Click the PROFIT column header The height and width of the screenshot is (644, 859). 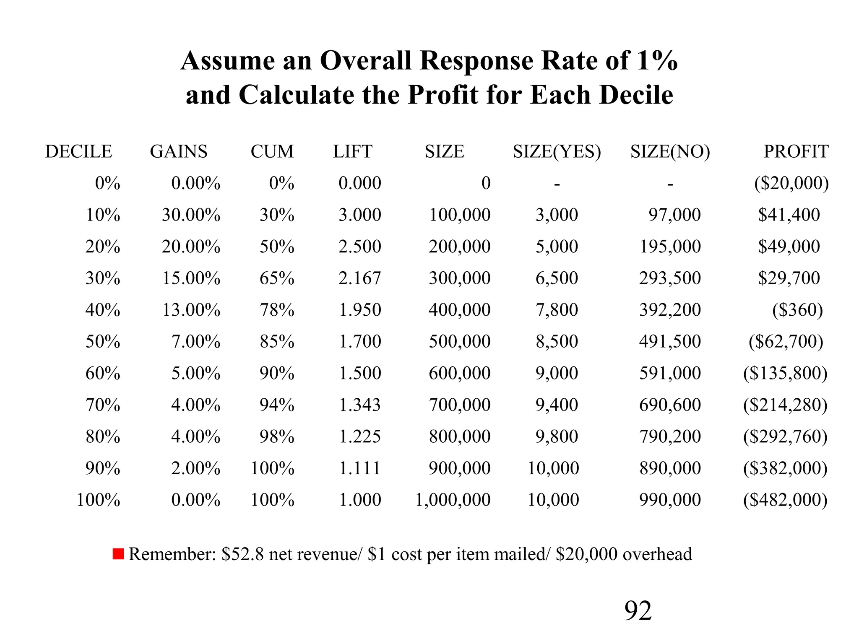pos(796,151)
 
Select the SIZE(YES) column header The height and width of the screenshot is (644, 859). pos(557,151)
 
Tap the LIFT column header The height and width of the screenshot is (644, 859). pos(352,151)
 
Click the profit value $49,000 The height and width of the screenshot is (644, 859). pos(789,247)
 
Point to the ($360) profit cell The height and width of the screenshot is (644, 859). pos(797,310)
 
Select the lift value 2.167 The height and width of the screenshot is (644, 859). pos(359,278)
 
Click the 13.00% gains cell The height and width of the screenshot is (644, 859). pos(191,310)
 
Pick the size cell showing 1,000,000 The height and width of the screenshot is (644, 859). pos(453,500)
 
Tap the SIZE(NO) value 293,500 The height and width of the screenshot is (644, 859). pos(670,278)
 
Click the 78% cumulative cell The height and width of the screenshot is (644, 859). pos(276,310)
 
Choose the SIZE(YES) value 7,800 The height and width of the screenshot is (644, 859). pos(557,310)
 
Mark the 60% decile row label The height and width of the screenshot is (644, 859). pos(103,373)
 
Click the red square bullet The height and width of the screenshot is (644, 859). pos(118,554)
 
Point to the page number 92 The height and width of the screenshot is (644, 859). pos(638,611)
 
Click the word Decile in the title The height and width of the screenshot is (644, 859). pos(636,95)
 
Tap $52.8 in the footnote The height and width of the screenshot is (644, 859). pos(242,554)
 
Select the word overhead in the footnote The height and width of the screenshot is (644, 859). pos(657,554)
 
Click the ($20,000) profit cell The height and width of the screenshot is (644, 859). pos(791,183)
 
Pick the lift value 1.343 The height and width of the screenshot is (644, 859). pos(359,405)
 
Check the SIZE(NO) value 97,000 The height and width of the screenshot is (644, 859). pos(674,215)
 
